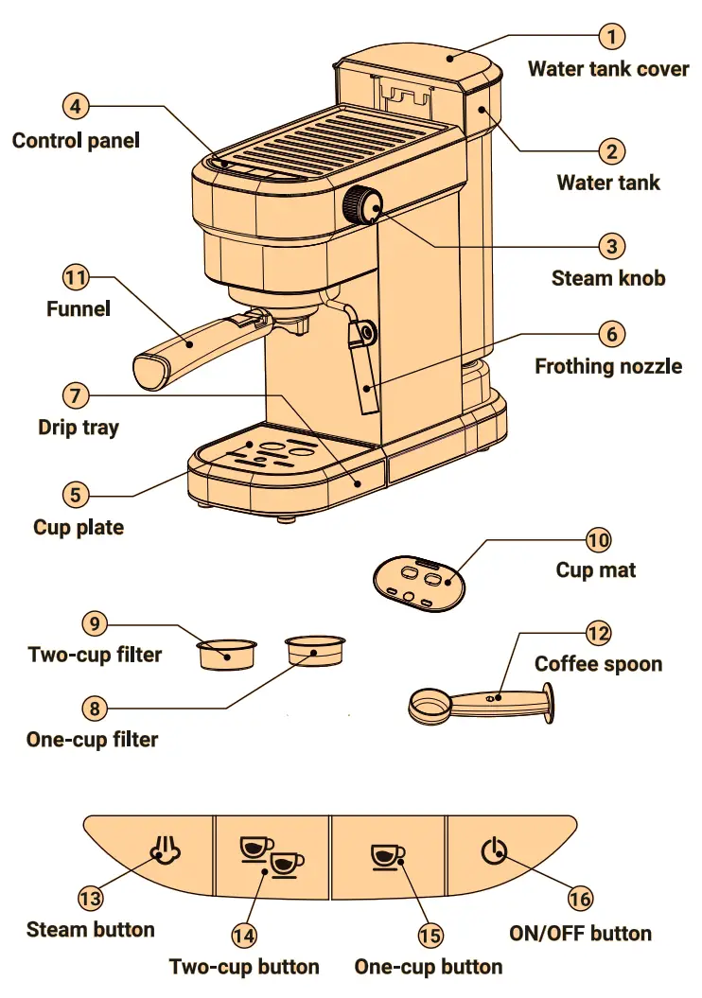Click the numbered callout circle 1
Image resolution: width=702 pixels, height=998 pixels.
pos(613,37)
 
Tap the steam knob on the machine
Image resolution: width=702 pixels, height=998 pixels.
pos(362,204)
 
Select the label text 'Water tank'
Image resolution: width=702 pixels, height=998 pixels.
pos(608,183)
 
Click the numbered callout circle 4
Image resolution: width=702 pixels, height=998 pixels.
pos(76,106)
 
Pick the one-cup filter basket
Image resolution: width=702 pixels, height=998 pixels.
pos(315,651)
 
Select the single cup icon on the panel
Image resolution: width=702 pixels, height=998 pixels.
pos(387,854)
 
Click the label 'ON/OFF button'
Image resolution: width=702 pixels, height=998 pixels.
pos(580,934)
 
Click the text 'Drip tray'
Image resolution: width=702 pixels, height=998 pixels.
pos(79,427)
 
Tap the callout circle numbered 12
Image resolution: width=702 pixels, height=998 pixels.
pos(598,633)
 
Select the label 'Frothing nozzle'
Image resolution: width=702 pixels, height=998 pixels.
pos(608,366)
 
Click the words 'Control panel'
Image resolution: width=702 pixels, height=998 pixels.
pos(76,141)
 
